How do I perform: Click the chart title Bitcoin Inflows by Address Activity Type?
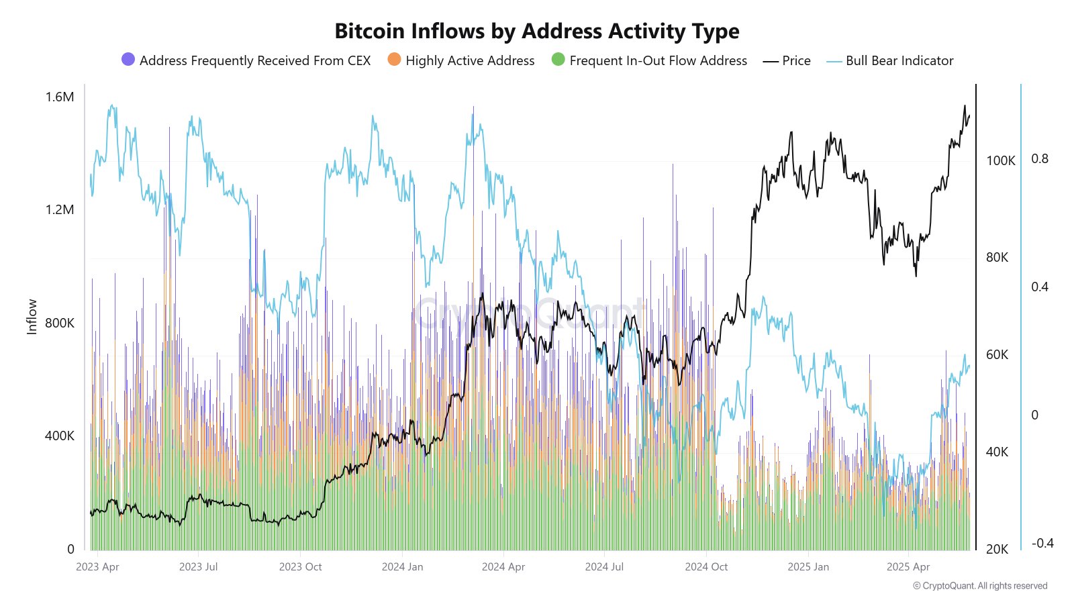coord(536,31)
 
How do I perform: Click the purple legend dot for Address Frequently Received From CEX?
coord(128,60)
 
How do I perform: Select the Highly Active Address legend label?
coord(470,60)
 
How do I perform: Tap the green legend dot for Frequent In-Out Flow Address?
coord(558,60)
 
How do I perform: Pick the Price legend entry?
coord(796,60)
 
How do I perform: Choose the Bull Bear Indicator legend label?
coord(899,60)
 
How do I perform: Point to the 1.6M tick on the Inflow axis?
coord(60,97)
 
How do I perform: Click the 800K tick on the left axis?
coord(60,323)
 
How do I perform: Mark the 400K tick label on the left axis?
coord(60,436)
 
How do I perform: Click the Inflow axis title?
coord(32,317)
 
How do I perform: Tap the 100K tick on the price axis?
coord(1000,160)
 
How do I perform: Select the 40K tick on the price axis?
coord(997,452)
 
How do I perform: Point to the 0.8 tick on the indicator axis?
coord(1039,158)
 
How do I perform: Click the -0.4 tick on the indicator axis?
coord(1042,543)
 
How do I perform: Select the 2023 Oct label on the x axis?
coord(300,566)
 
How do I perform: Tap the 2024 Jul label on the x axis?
coord(604,566)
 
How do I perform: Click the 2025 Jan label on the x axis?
coord(808,566)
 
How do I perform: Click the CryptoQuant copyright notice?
coord(980,586)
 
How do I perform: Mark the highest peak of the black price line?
coord(965,106)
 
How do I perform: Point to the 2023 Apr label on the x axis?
coord(97,566)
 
